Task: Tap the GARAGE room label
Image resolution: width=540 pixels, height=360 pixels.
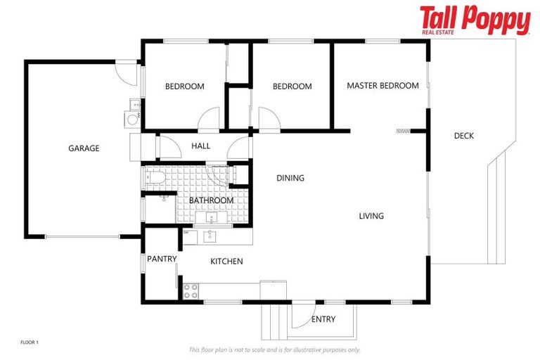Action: [x=84, y=148]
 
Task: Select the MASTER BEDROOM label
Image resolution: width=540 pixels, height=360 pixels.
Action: [x=382, y=86]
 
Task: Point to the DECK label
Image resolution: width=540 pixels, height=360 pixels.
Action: [x=463, y=136]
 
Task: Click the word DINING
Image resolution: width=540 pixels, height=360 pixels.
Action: [x=290, y=178]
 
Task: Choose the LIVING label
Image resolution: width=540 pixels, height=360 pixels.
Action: [x=371, y=216]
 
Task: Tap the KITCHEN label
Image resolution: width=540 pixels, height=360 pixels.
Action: [x=226, y=262]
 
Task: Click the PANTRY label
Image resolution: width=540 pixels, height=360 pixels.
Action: [x=161, y=259]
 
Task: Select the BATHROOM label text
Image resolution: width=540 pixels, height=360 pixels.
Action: [x=211, y=200]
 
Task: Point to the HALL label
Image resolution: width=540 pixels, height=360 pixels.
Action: [x=200, y=146]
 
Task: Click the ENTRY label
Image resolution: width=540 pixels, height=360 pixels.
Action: [x=323, y=319]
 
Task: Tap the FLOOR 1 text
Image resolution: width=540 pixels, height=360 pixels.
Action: [x=30, y=342]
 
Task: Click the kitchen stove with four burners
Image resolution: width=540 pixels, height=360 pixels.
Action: [x=191, y=291]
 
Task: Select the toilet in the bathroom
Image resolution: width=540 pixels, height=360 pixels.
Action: [x=155, y=176]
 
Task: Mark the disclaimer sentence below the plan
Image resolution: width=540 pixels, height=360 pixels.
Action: [x=274, y=349]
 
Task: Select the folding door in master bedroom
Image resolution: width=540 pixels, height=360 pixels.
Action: [x=403, y=130]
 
